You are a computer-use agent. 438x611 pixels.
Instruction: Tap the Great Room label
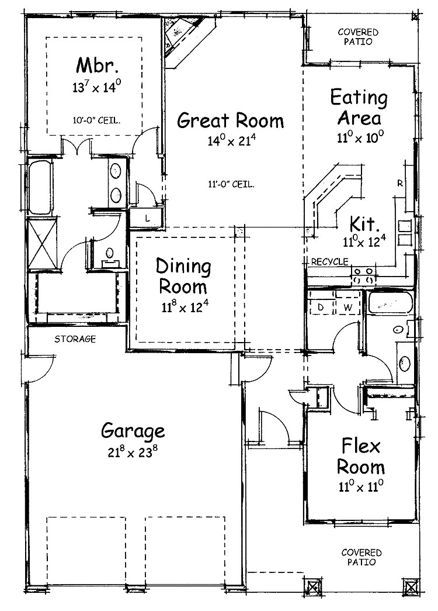pyautogui.click(x=231, y=120)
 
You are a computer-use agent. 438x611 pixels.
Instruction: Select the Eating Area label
pyautogui.click(x=359, y=107)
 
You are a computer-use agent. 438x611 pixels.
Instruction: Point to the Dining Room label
pyautogui.click(x=183, y=277)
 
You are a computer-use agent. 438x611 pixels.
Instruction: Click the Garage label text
pyautogui.click(x=133, y=432)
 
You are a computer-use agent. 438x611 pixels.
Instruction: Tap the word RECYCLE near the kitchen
pyautogui.click(x=329, y=261)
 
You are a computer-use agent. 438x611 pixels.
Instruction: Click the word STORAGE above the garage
pyautogui.click(x=75, y=339)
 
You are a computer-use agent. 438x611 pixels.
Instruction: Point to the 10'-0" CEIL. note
pyautogui.click(x=98, y=121)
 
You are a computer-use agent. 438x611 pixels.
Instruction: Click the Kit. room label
pyautogui.click(x=366, y=223)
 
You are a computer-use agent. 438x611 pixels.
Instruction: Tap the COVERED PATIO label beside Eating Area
pyautogui.click(x=358, y=37)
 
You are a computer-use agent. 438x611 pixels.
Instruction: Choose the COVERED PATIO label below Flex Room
pyautogui.click(x=361, y=557)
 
